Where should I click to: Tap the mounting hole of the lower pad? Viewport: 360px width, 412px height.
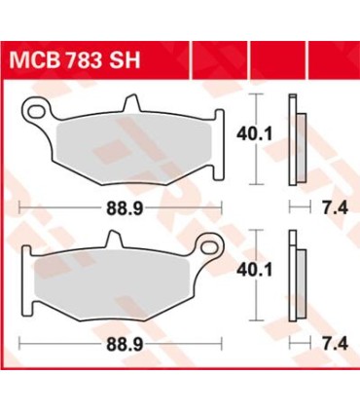coord(207,244)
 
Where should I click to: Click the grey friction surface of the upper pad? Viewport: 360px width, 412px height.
coord(126,146)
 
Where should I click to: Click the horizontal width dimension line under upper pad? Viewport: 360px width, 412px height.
coord(58,205)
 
